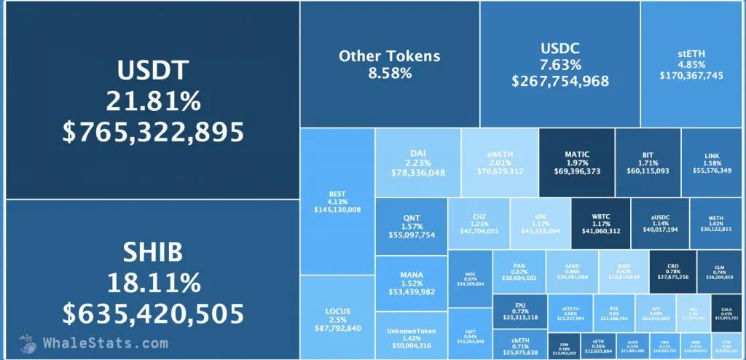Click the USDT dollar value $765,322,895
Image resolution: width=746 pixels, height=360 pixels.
coord(153,131)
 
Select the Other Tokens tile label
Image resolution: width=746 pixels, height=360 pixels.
coord(390,55)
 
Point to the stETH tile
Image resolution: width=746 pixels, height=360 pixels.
coord(691,64)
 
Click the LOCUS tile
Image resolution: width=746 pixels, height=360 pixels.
coord(337,318)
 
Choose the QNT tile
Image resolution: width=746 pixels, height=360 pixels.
coord(411,226)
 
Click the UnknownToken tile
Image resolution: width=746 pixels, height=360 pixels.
coord(411,337)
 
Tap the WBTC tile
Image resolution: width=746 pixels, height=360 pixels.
coord(601,222)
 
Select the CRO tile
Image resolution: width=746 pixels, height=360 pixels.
coord(672,270)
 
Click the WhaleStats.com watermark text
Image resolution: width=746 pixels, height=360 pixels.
coord(95,343)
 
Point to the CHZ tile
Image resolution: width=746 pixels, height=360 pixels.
coord(479,222)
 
